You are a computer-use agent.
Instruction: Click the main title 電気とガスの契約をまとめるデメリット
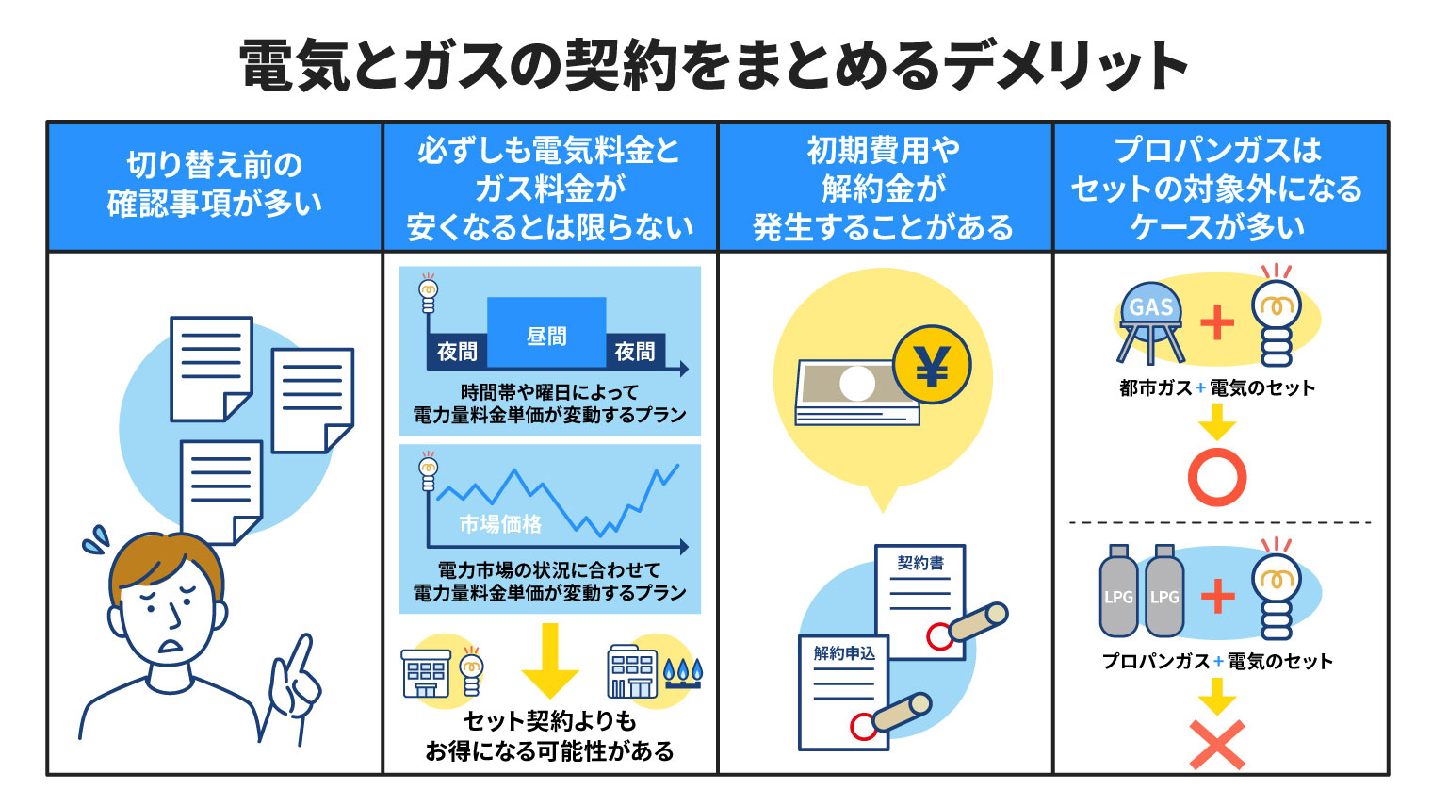(714, 66)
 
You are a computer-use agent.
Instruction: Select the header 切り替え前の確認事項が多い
(215, 185)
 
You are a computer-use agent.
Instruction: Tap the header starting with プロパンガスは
(1219, 188)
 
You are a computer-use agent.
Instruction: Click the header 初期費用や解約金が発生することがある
(884, 188)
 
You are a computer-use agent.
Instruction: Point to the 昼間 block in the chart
(546, 335)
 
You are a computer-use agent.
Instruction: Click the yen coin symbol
(932, 366)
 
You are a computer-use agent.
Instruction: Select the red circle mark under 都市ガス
(1216, 478)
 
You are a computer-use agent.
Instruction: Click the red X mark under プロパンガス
(1216, 745)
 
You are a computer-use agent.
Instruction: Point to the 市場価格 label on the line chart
(500, 524)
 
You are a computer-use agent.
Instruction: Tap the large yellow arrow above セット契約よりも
(549, 660)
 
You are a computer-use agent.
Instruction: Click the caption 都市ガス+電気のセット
(1216, 387)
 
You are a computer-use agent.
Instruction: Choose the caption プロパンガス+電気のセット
(1217, 661)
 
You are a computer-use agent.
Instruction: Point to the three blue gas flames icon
(683, 671)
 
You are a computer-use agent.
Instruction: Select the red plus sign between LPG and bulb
(1217, 596)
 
